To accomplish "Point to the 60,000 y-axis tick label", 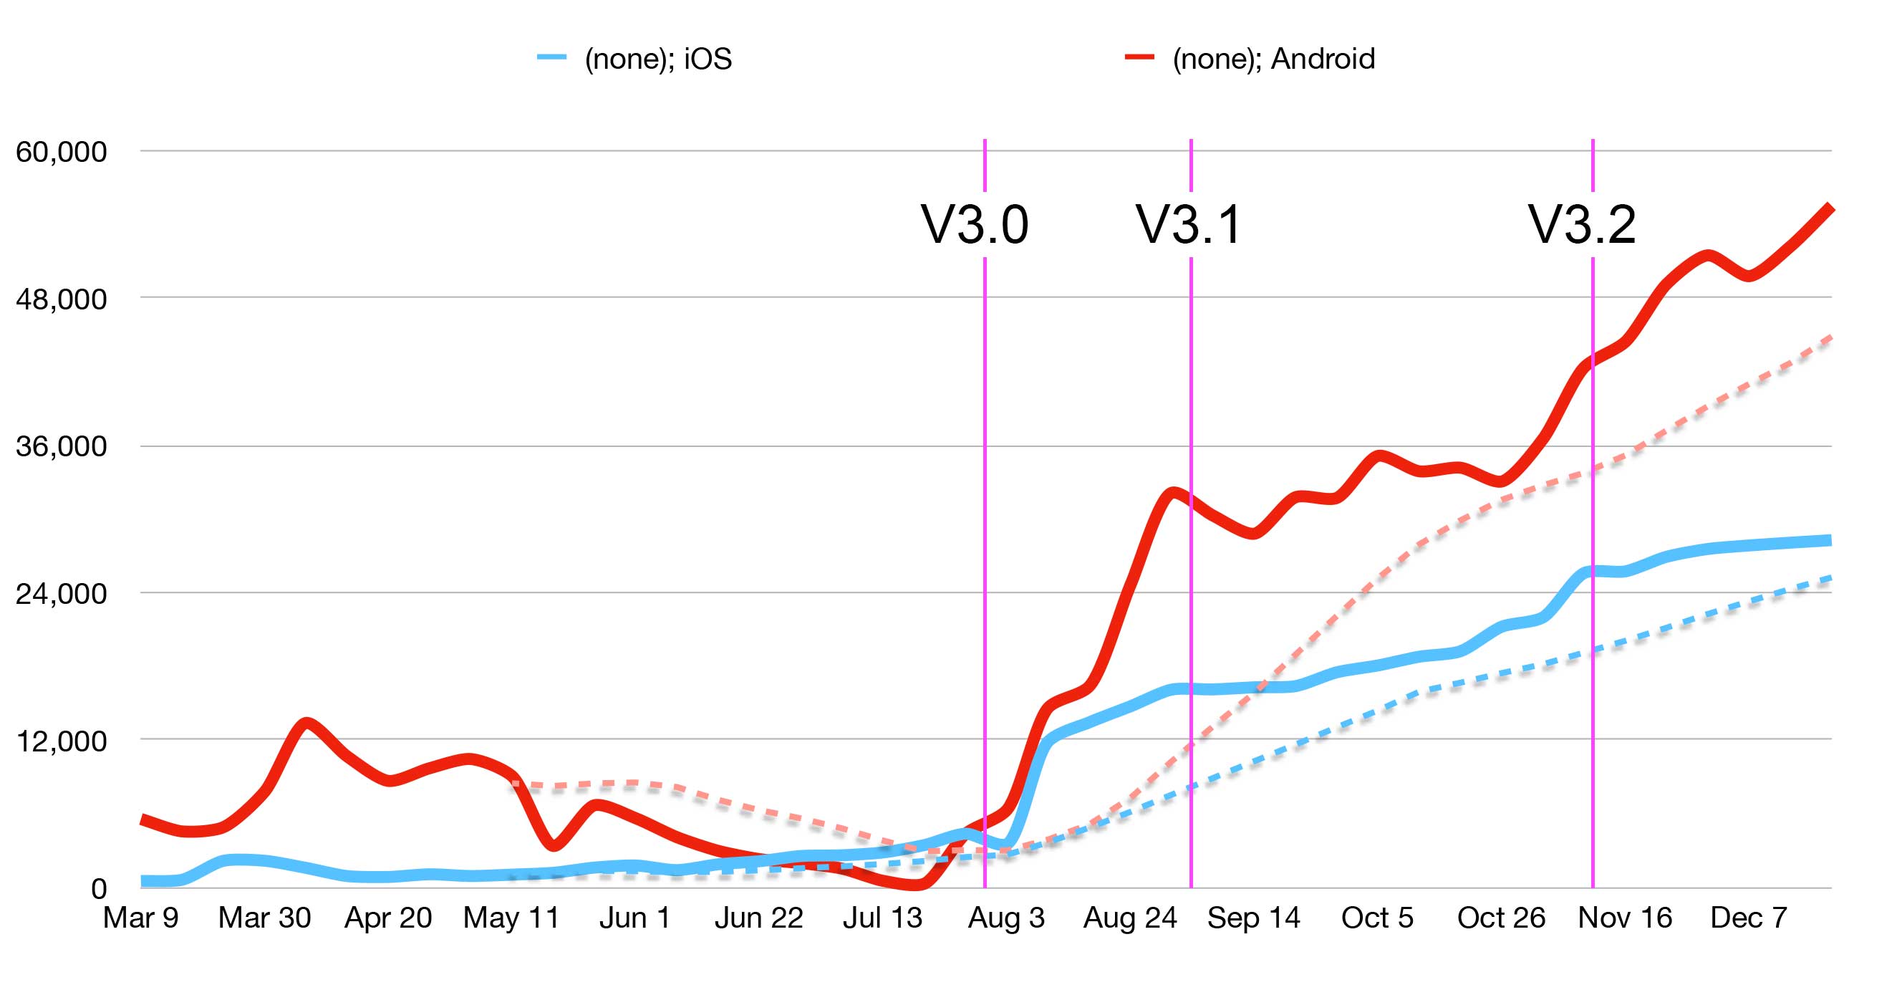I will click(62, 151).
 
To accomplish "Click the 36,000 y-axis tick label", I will click(62, 446).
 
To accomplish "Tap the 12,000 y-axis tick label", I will click(62, 741).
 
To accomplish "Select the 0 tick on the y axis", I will click(98, 888).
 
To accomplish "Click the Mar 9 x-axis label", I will click(140, 918).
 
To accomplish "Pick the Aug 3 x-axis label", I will click(1005, 918).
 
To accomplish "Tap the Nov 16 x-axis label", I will click(1624, 918).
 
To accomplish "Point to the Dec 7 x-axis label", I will click(1749, 918).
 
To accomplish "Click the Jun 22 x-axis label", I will click(758, 918).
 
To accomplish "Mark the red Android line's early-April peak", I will click(306, 722).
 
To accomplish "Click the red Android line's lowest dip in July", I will click(916, 884).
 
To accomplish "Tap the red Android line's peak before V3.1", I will click(1172, 492).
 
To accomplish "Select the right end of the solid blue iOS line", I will click(1830, 541).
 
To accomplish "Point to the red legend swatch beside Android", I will click(1139, 57).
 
